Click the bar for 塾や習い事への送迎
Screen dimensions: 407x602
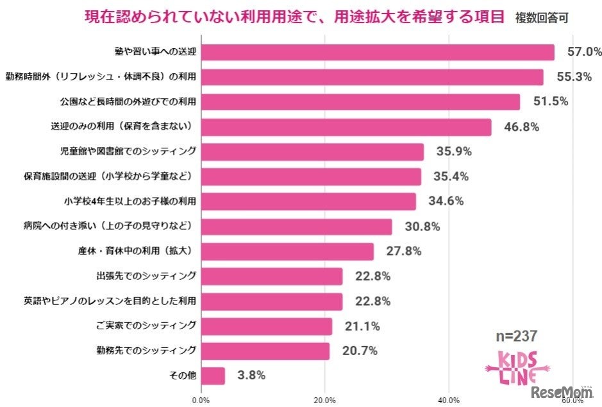[378, 52]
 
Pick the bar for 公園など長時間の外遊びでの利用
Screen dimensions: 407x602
[360, 102]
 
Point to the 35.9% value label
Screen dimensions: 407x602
[453, 152]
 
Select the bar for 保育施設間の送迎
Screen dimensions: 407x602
[311, 177]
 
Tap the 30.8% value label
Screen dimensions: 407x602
[421, 227]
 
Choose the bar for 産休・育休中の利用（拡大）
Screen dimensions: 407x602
[287, 252]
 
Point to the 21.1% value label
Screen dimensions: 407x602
[362, 326]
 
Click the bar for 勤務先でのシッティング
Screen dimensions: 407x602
[265, 351]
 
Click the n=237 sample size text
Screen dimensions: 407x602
[516, 336]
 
